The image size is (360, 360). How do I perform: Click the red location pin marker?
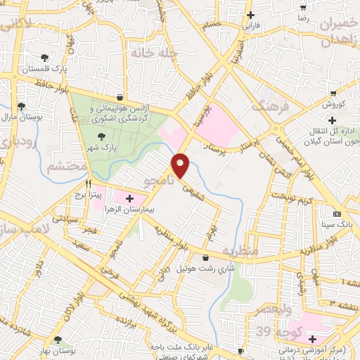coord(181,165)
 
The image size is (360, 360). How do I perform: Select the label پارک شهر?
coord(100,148)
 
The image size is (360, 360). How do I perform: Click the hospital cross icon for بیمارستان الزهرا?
coord(129,198)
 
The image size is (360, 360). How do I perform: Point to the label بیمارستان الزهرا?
coord(143,210)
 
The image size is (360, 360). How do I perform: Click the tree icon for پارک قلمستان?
coord(45,57)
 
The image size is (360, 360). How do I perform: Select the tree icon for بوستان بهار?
coord(58,340)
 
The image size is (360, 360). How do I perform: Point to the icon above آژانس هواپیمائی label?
coord(120,97)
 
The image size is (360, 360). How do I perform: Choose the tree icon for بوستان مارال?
coord(21,106)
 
